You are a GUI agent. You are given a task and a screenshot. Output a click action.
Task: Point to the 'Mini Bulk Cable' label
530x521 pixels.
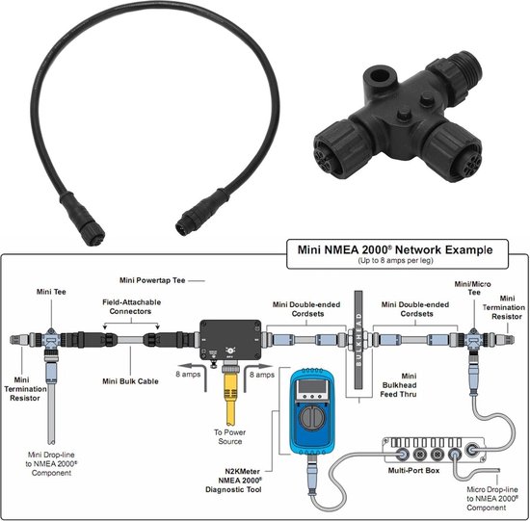(x=131, y=380)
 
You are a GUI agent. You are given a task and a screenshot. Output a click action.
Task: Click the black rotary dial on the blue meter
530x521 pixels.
(x=315, y=425)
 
